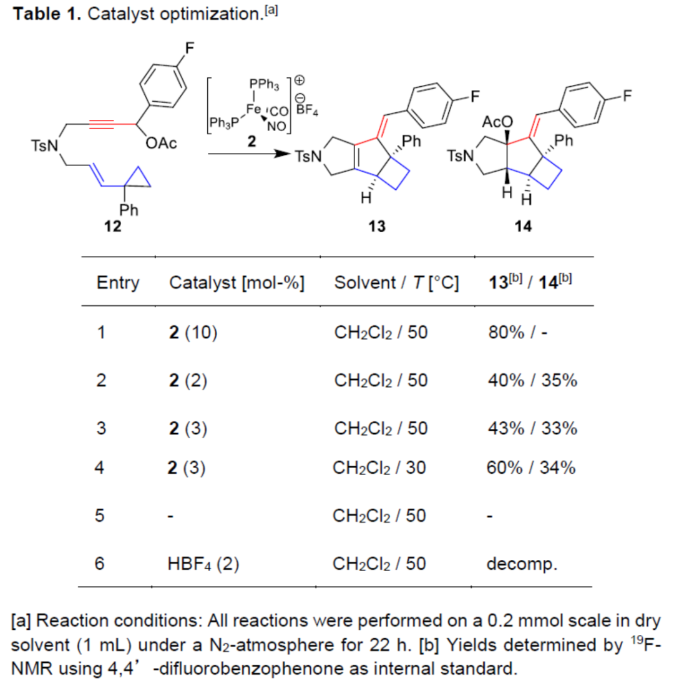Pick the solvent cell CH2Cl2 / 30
point(381,468)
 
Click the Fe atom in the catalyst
point(253,109)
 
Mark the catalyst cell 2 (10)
point(189,332)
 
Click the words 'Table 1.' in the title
point(47,14)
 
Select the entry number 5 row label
point(101,516)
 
